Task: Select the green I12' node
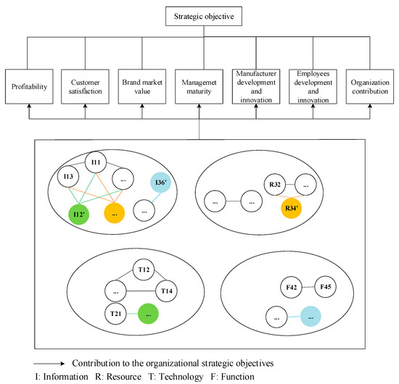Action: [81, 214]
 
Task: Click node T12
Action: [143, 270]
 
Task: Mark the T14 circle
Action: [167, 291]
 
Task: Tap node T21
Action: [116, 313]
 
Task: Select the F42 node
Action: [290, 288]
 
